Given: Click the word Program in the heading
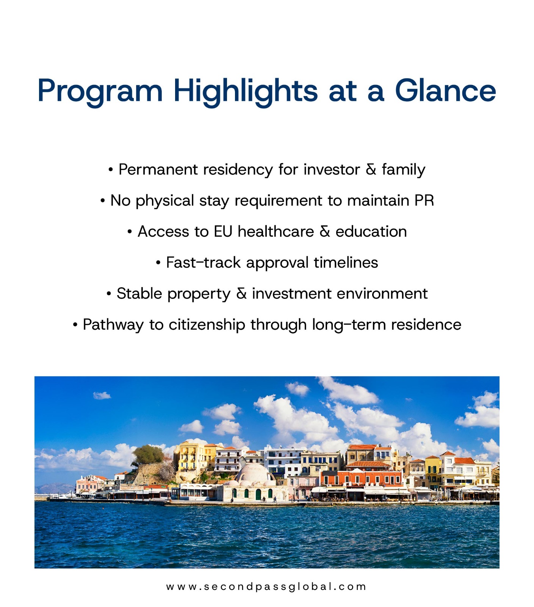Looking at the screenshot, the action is [100, 91].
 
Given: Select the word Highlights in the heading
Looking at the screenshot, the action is [246, 91].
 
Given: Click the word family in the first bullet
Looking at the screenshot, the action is [403, 170].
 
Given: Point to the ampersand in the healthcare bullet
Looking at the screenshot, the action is [325, 231].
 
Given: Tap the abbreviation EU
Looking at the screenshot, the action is [223, 231].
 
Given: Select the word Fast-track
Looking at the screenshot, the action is [203, 263].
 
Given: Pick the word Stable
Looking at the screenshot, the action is [139, 294].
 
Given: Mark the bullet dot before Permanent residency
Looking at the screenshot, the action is [111, 170].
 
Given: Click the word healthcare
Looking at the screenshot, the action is [276, 231].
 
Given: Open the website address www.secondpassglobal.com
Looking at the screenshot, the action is [266, 587].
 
